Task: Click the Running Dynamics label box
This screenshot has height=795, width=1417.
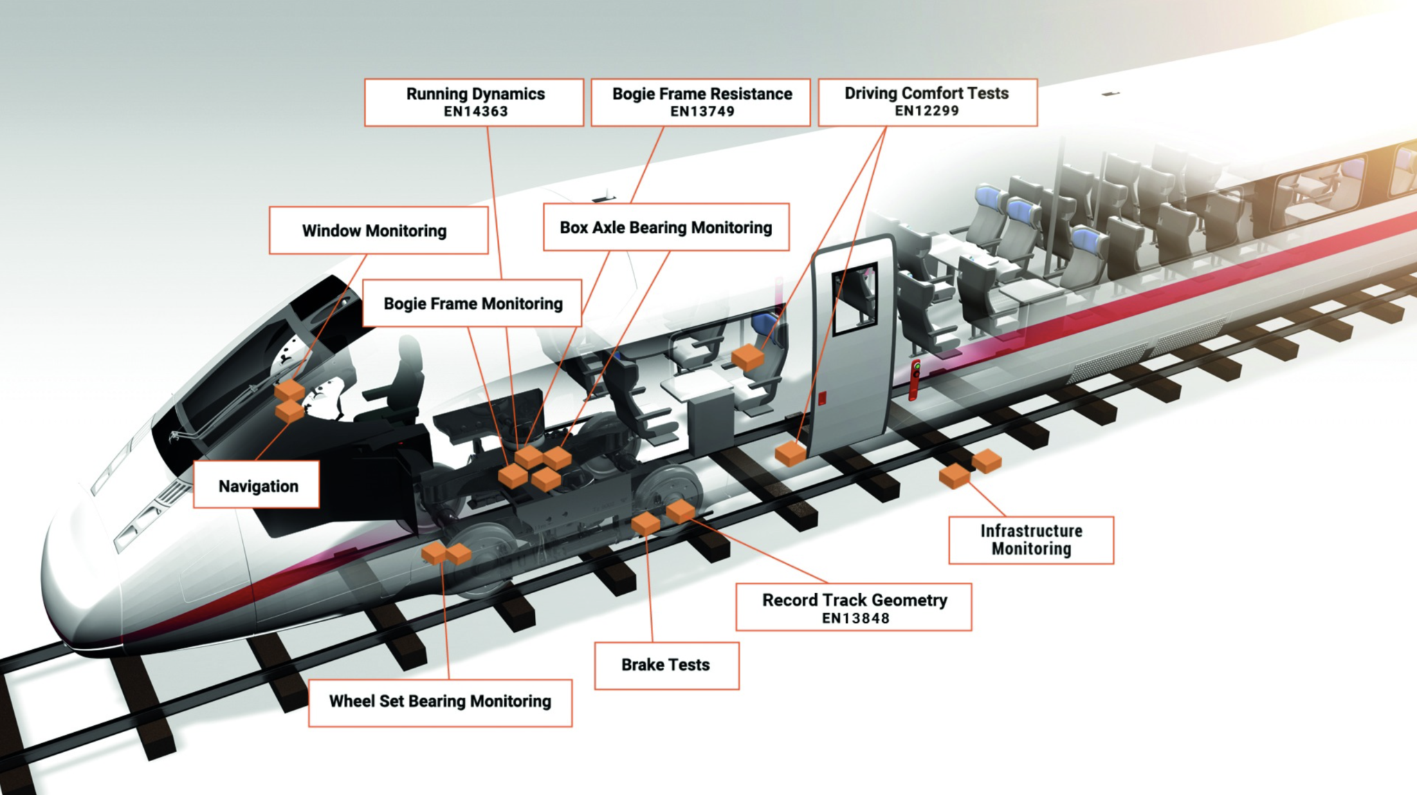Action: tap(475, 102)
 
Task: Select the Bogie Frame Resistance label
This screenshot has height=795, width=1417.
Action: tap(701, 102)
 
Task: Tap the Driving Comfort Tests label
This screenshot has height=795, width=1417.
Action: tap(927, 102)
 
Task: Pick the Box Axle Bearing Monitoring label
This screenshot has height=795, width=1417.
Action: tap(666, 227)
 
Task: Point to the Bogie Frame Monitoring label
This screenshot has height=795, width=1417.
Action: tap(473, 303)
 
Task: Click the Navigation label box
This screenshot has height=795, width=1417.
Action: tap(257, 485)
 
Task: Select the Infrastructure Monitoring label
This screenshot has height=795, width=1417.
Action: tap(1031, 540)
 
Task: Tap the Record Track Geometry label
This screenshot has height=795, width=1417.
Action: tap(853, 607)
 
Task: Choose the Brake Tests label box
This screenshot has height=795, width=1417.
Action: tap(666, 665)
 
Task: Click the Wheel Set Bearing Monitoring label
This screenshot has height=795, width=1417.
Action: tap(440, 702)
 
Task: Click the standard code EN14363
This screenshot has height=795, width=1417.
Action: tap(476, 112)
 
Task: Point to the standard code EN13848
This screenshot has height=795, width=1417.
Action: tap(855, 619)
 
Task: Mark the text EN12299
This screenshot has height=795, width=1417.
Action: tap(926, 111)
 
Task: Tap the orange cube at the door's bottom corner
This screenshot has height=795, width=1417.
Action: tap(790, 454)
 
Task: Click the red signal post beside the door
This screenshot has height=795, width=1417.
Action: tap(915, 380)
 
